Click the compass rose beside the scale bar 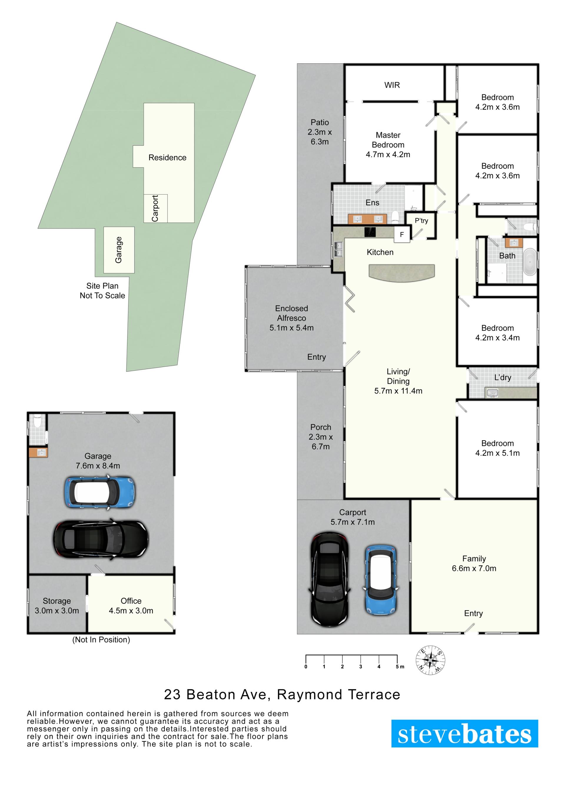tap(431, 660)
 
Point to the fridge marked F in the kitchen tap(402, 235)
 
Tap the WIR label tap(392, 85)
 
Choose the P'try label tap(421, 221)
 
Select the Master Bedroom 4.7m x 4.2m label tap(388, 145)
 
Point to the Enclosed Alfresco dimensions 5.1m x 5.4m tap(292, 328)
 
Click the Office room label tap(131, 601)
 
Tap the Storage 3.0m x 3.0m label tap(57, 606)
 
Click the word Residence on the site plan tap(167, 158)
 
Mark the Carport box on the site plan tap(155, 208)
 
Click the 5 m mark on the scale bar tap(398, 664)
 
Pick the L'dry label tap(503, 378)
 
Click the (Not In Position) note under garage tap(101, 639)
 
